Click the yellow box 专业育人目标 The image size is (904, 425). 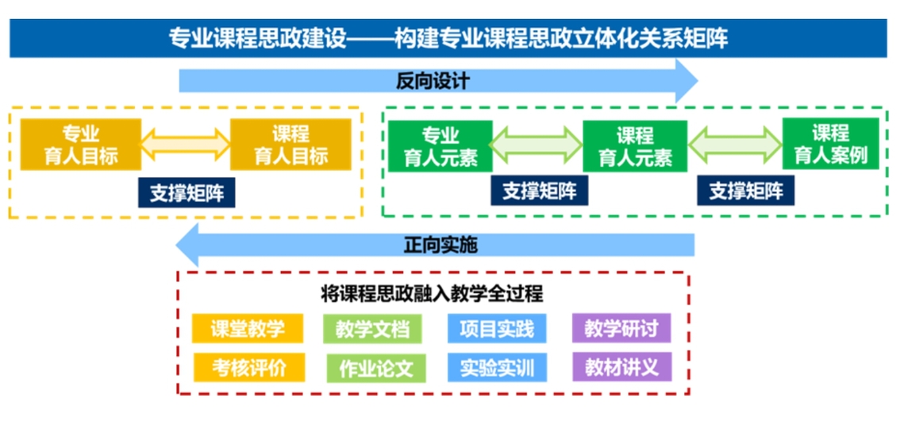pyautogui.click(x=80, y=145)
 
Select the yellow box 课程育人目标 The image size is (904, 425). pyautogui.click(x=290, y=145)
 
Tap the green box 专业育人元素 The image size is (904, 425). pyautogui.click(x=440, y=146)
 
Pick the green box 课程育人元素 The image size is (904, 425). pyautogui.click(x=635, y=146)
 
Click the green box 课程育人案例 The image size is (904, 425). pyautogui.click(x=830, y=144)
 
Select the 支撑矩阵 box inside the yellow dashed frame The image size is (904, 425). pyautogui.click(x=187, y=191)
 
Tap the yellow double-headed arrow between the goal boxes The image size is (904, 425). pyautogui.click(x=186, y=145)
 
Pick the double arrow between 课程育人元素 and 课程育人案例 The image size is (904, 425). pyautogui.click(x=734, y=145)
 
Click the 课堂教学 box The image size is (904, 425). pyautogui.click(x=247, y=328)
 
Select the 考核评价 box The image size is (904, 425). pyautogui.click(x=247, y=367)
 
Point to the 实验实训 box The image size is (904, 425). pyautogui.click(x=498, y=368)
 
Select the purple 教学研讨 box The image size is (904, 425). pyautogui.click(x=621, y=328)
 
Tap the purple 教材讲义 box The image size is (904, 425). pyautogui.click(x=622, y=367)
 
